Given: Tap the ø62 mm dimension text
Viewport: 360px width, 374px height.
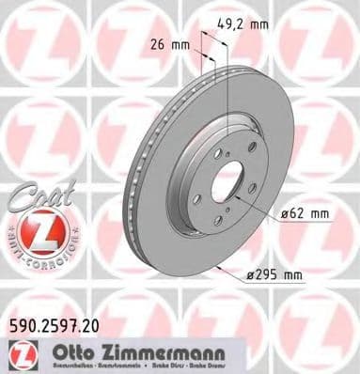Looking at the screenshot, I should pyautogui.click(x=304, y=213).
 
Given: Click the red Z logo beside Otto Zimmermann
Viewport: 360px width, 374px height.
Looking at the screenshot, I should pyautogui.click(x=20, y=352).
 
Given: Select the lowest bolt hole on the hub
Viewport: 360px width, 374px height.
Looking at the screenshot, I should pyautogui.click(x=218, y=220).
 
